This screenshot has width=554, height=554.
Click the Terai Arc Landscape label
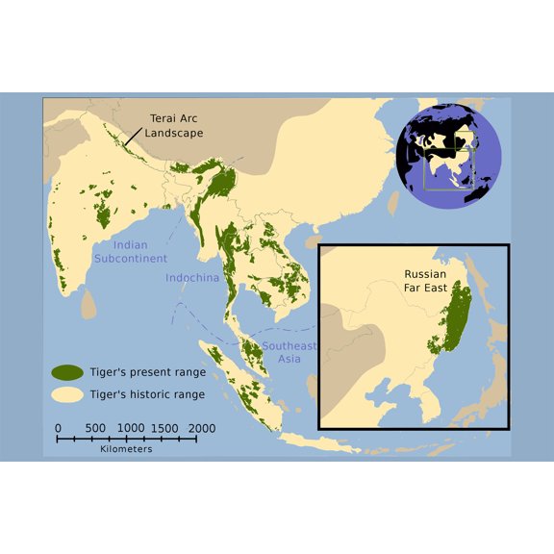[x=175, y=126]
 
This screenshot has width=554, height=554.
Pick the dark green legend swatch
[x=65, y=372]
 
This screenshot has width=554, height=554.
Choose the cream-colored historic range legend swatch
[x=65, y=394]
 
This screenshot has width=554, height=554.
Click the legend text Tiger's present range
[x=147, y=372]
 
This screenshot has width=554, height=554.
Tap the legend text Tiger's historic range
[x=147, y=394]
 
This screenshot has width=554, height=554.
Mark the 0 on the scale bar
[x=58, y=427]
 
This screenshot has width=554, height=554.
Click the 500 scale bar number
[x=94, y=427]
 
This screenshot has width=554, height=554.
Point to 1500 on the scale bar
[x=164, y=427]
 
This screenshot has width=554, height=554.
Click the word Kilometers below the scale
[x=126, y=449]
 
